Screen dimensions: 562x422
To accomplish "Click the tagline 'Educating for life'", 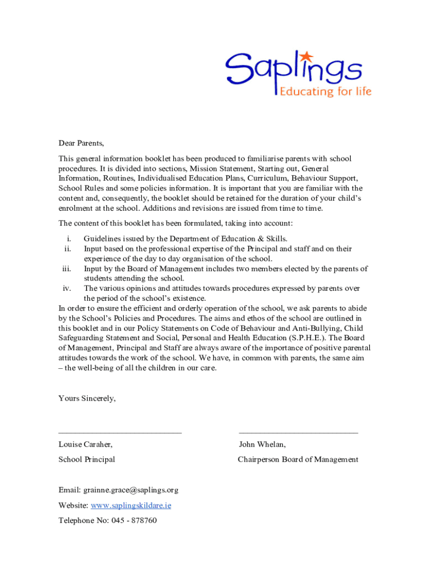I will [326, 91].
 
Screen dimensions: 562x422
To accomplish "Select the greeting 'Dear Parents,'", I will [81, 143].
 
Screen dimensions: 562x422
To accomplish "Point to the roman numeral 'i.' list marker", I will [69, 239].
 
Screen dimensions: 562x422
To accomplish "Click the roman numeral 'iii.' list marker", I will [66, 268].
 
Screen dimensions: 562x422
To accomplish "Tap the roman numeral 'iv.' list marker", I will [67, 288].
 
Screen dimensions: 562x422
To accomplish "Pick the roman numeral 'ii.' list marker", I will [67, 249].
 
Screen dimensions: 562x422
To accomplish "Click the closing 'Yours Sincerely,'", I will [87, 398].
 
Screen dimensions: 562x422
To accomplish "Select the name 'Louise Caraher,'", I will [85, 444].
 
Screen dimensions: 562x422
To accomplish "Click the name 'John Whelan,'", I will [262, 444].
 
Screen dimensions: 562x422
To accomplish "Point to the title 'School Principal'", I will [87, 459].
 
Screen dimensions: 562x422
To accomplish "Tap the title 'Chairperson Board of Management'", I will [298, 459].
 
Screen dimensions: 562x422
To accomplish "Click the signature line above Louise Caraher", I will [120, 433].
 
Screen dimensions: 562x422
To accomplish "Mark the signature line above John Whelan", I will [298, 433].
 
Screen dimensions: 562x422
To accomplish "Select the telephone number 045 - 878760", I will [134, 520].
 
